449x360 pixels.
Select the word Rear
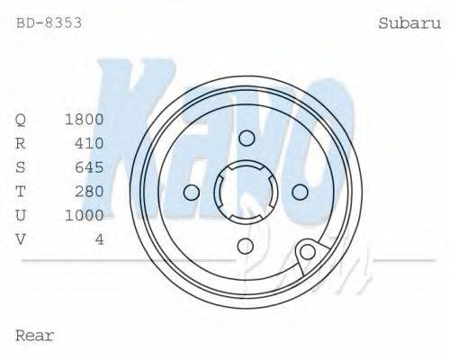(35, 336)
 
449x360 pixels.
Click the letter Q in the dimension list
(21, 119)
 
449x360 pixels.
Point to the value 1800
(85, 119)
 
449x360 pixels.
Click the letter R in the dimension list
(21, 143)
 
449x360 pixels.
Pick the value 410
(89, 143)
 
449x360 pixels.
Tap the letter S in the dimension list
(21, 167)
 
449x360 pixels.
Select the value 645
(89, 167)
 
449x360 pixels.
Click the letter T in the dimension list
(21, 191)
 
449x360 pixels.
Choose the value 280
(89, 191)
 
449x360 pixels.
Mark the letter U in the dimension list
(21, 215)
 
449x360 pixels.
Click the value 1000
(85, 215)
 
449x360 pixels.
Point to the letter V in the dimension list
(21, 238)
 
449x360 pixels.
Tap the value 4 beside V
(99, 238)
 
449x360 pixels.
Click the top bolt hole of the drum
(246, 137)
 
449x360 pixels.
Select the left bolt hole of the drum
(191, 192)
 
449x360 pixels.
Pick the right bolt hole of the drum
(301, 192)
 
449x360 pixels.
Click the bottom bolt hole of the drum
(246, 247)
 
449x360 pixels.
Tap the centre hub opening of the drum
(246, 192)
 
